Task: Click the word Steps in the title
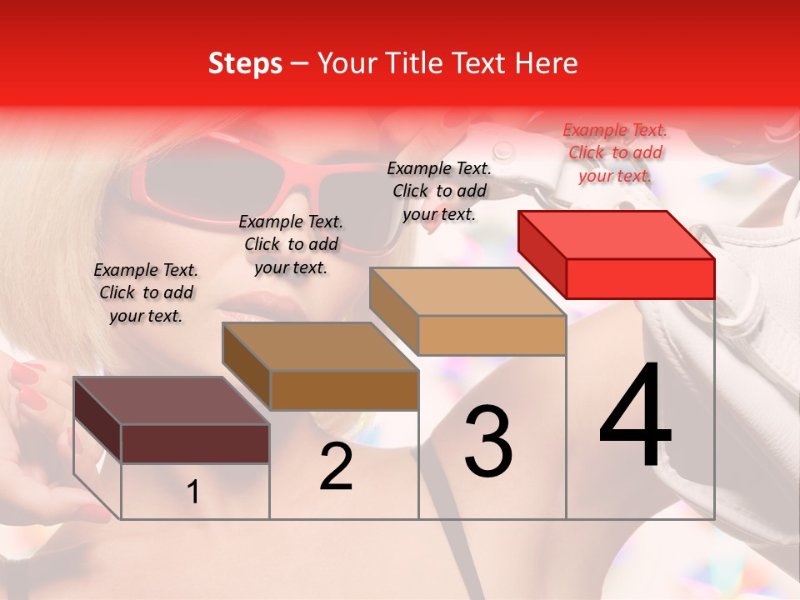click(x=245, y=63)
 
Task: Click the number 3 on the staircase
click(x=487, y=442)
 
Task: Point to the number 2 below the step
click(x=336, y=467)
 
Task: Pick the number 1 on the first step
click(x=193, y=492)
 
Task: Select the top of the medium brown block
click(x=320, y=347)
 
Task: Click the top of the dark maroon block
click(x=172, y=401)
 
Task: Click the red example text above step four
click(x=615, y=152)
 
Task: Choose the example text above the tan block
click(x=439, y=191)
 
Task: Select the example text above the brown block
click(x=291, y=244)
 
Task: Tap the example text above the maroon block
click(x=146, y=292)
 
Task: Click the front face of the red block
click(x=640, y=278)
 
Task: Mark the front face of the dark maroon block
click(x=195, y=443)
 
